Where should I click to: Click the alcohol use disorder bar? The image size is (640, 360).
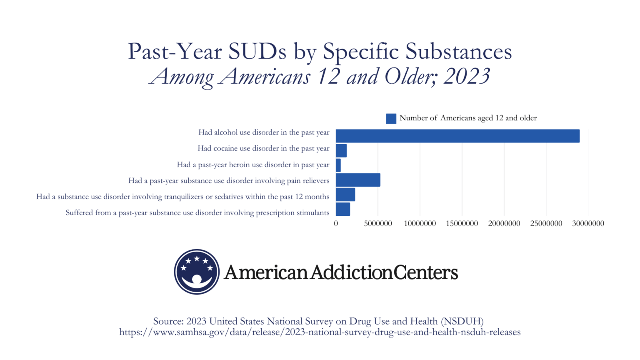(x=457, y=136)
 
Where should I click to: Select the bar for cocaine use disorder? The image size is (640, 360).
(x=341, y=150)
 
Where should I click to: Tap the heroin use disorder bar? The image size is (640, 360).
(x=338, y=165)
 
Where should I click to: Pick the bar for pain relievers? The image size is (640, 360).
(x=358, y=180)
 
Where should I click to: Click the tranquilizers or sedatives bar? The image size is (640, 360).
(x=345, y=195)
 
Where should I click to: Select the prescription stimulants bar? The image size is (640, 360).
(x=343, y=209)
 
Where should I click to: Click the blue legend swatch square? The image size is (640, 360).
(x=391, y=118)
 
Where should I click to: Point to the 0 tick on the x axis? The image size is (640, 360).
(x=336, y=224)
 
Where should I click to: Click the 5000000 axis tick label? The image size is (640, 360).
(x=378, y=224)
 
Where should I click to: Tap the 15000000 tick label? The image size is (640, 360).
(x=462, y=224)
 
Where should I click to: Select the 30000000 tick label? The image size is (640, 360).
(x=588, y=224)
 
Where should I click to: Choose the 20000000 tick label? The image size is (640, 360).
(x=504, y=224)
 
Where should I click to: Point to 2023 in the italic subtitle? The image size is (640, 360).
(x=467, y=77)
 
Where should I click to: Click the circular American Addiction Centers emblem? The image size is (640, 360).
(x=197, y=272)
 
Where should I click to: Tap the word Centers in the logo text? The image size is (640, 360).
(x=425, y=272)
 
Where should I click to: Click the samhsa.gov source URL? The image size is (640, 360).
(x=320, y=332)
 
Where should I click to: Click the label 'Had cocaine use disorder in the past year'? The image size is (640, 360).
(x=263, y=148)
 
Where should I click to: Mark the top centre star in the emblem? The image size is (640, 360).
(x=197, y=259)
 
